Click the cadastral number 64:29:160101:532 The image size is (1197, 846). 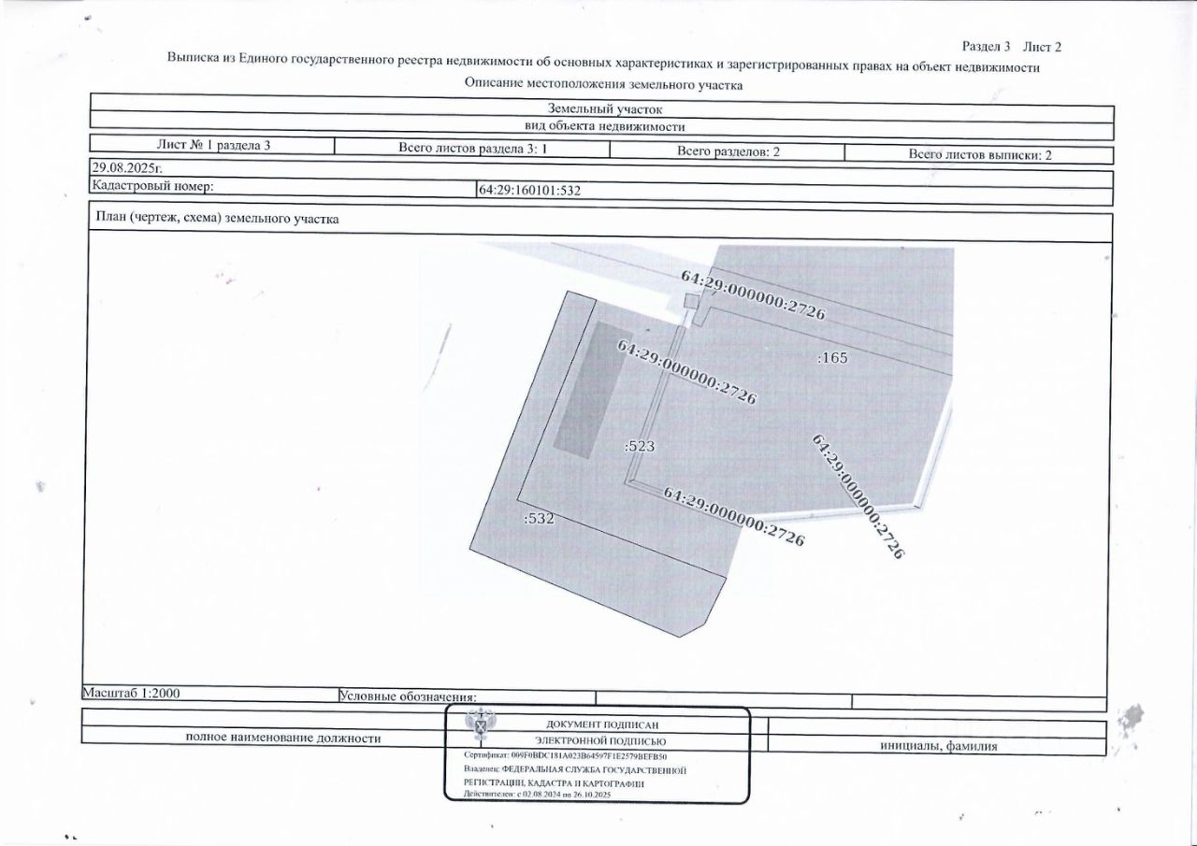(x=530, y=190)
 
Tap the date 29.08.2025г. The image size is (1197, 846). (x=124, y=167)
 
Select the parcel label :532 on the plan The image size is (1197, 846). (x=540, y=518)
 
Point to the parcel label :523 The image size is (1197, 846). (x=639, y=447)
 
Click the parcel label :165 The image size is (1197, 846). (x=832, y=357)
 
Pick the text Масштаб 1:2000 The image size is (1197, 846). (x=132, y=694)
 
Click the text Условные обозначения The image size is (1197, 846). (x=408, y=696)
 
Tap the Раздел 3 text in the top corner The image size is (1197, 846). (x=987, y=46)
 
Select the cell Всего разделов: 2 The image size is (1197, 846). (x=728, y=151)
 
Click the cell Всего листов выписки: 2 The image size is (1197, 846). (x=980, y=155)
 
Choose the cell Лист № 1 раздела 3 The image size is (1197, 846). (x=212, y=145)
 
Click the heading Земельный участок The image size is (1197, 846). (x=603, y=108)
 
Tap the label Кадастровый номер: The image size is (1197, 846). (x=151, y=186)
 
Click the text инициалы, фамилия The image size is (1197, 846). (x=938, y=746)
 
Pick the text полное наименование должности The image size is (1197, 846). (x=283, y=738)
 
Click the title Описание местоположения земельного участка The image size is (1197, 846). (x=603, y=84)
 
